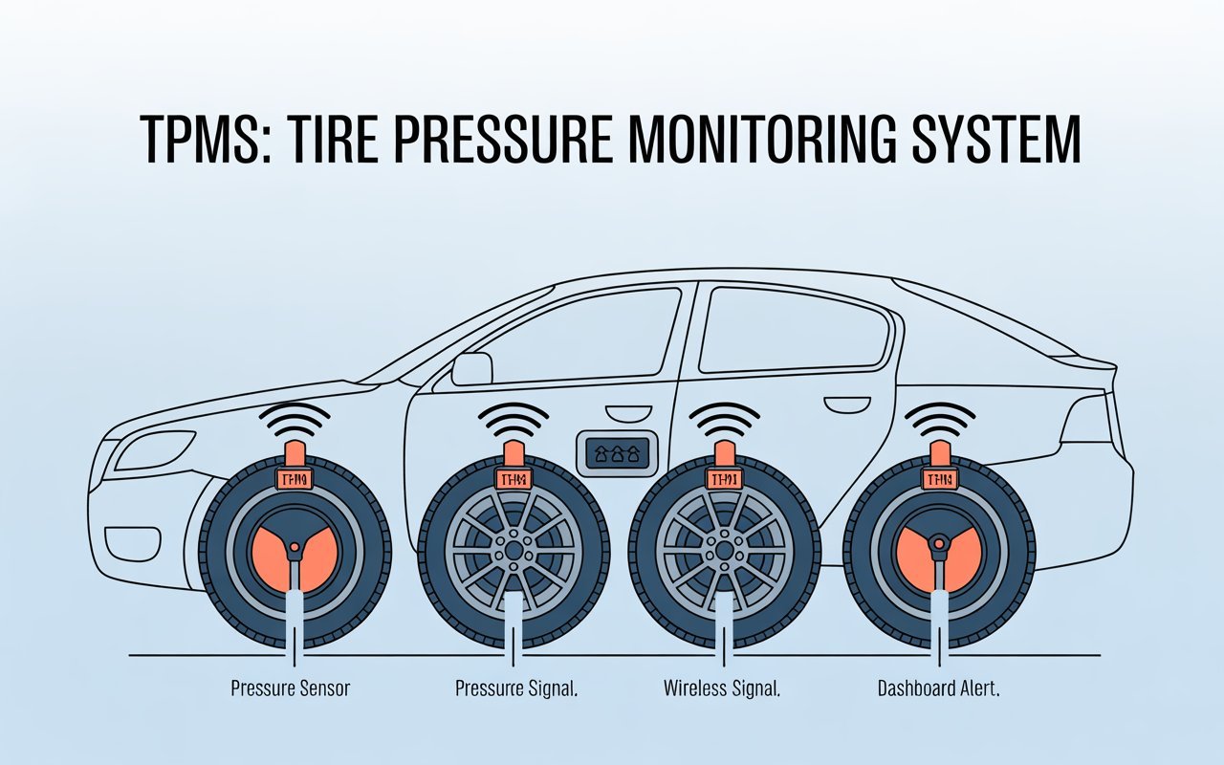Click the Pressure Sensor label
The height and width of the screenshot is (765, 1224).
click(x=291, y=688)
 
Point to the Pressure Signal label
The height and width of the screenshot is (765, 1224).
click(x=515, y=688)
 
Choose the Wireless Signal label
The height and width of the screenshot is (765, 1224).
click(x=723, y=688)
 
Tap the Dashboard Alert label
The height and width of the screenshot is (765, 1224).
click(x=938, y=688)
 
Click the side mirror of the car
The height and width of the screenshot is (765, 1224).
click(x=470, y=368)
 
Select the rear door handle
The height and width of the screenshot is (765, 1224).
click(x=842, y=407)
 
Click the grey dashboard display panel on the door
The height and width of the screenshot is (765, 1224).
click(x=614, y=452)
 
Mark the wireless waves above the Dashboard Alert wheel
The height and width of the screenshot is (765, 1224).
click(x=940, y=419)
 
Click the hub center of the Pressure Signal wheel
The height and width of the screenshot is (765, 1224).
click(x=514, y=552)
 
